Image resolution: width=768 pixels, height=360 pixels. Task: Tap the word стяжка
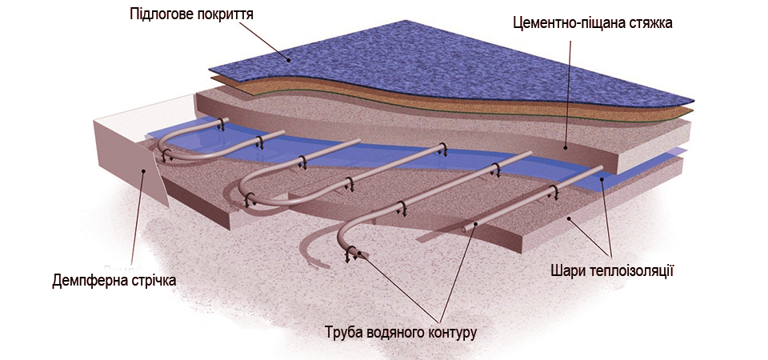[650, 23]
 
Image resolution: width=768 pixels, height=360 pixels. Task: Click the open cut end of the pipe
[466, 230]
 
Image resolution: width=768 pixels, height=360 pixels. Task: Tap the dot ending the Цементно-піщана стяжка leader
[564, 147]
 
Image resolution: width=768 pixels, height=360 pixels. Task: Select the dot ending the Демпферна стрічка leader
[145, 169]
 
